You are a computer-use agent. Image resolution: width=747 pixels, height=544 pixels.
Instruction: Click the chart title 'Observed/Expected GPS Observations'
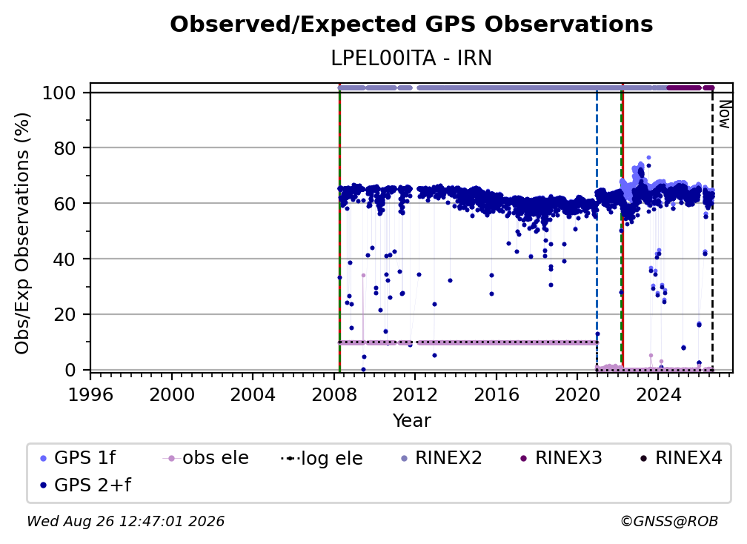click(x=411, y=24)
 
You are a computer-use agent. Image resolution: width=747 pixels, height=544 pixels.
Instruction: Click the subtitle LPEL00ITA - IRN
click(x=411, y=58)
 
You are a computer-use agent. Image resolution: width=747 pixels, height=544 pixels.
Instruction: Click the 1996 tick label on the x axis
click(x=90, y=395)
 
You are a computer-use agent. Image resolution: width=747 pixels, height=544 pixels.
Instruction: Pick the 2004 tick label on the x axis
click(x=253, y=395)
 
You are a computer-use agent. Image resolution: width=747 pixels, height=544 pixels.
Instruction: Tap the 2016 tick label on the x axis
click(x=496, y=395)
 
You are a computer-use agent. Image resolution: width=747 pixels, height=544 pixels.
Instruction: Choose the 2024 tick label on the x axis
click(x=658, y=395)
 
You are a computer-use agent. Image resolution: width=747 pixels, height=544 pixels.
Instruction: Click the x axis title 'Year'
click(x=411, y=421)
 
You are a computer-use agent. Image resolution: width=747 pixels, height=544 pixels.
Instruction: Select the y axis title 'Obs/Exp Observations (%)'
click(x=22, y=233)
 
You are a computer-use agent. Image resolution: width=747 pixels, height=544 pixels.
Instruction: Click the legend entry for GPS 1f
click(x=78, y=458)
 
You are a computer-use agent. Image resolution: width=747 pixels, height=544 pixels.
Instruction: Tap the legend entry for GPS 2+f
click(x=85, y=485)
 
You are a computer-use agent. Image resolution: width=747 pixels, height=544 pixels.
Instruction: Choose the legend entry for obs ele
click(x=206, y=458)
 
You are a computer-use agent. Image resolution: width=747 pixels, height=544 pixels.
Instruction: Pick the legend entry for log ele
click(x=322, y=458)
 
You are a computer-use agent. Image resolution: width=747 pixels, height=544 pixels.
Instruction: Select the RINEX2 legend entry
click(x=442, y=458)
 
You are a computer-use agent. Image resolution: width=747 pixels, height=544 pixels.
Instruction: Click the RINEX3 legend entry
click(x=561, y=458)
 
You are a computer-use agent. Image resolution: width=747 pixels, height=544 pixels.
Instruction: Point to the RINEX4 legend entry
click(x=681, y=458)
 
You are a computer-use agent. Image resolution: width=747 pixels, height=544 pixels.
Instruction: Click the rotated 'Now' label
click(x=725, y=114)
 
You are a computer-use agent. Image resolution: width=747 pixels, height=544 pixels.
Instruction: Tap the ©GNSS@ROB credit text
click(x=669, y=522)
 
